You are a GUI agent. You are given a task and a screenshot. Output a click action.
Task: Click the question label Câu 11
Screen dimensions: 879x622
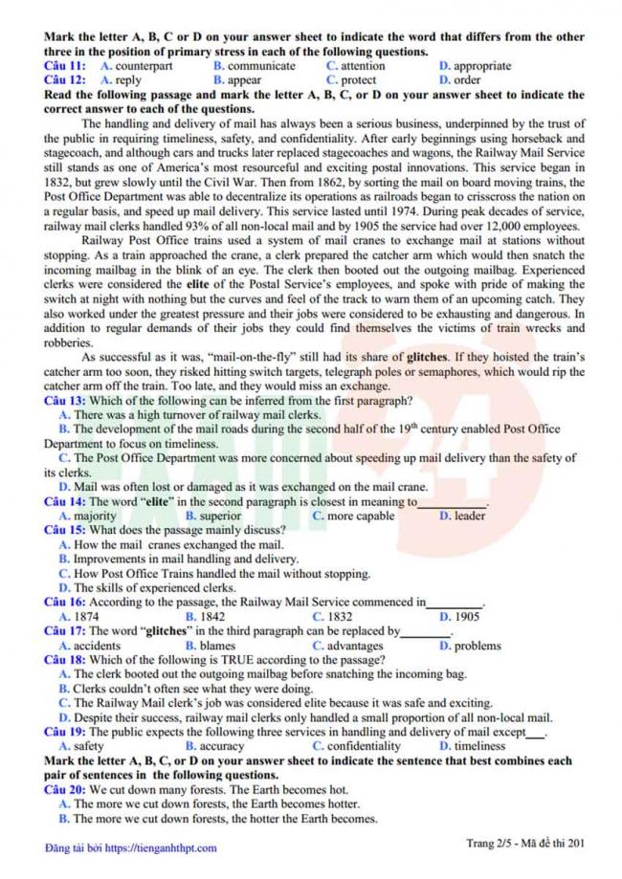click(x=64, y=66)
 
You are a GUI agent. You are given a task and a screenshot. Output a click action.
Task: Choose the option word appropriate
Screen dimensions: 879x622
click(x=482, y=66)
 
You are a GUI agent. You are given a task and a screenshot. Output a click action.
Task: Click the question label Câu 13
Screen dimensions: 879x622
click(x=64, y=401)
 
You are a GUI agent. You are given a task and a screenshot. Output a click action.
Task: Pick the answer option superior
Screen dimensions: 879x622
click(x=221, y=516)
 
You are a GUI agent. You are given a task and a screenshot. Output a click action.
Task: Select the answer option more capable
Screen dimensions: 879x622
click(x=361, y=516)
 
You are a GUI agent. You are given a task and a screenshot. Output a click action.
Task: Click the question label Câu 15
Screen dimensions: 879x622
click(x=64, y=530)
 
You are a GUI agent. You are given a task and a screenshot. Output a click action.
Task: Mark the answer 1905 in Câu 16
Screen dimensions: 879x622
click(x=467, y=617)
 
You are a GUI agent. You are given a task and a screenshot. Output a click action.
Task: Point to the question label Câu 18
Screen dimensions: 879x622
click(x=64, y=660)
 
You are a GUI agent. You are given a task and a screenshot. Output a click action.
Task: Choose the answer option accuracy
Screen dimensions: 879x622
click(x=221, y=746)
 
